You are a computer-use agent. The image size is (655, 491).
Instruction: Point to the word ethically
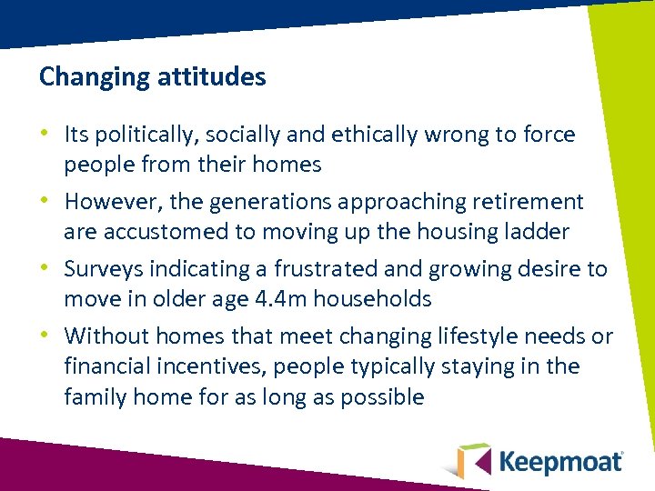[x=352, y=135]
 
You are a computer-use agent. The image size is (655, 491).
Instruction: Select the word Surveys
[x=104, y=269]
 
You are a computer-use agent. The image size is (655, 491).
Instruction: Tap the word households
[x=382, y=299]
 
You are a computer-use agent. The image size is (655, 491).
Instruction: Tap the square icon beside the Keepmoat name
[x=474, y=460]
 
